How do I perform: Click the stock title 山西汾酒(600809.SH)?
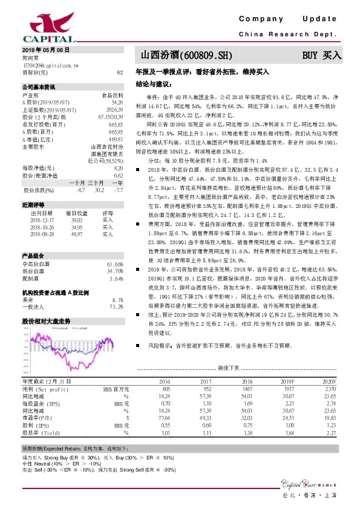pyautogui.click(x=182, y=55)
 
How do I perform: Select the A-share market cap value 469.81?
pyautogui.click(x=116, y=140)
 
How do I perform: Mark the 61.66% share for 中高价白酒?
pyautogui.click(x=115, y=264)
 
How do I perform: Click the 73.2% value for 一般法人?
pyautogui.click(x=116, y=307)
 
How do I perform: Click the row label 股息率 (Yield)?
pyautogui.click(x=43, y=432)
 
